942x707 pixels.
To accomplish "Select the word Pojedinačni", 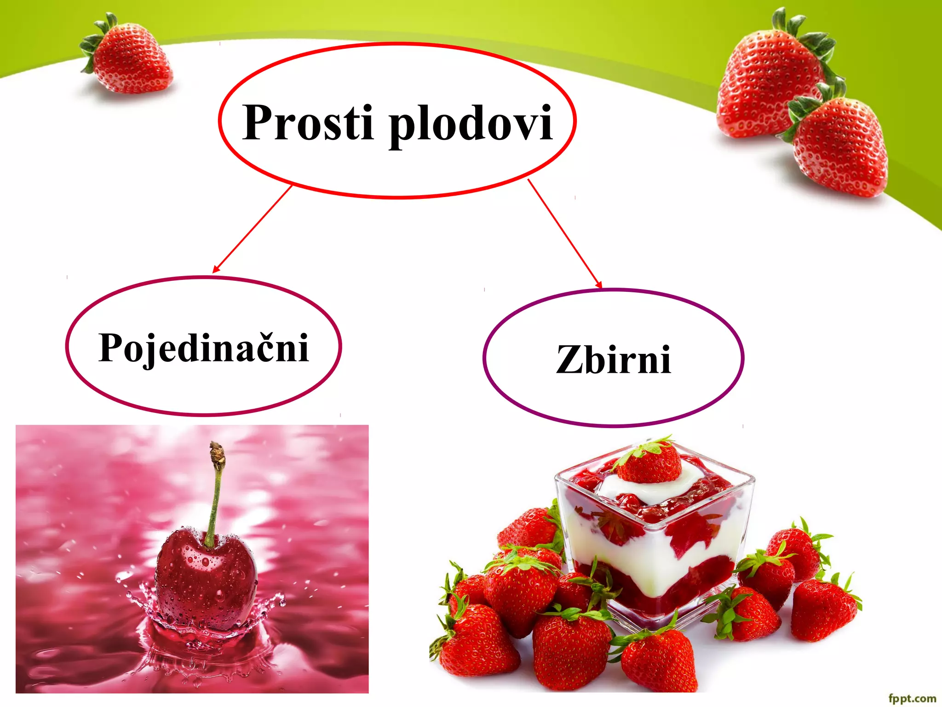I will [203, 348].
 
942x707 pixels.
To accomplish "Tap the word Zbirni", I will [613, 359].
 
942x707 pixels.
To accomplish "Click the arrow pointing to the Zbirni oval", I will [565, 234].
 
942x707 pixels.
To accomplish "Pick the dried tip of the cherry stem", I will [217, 453].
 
